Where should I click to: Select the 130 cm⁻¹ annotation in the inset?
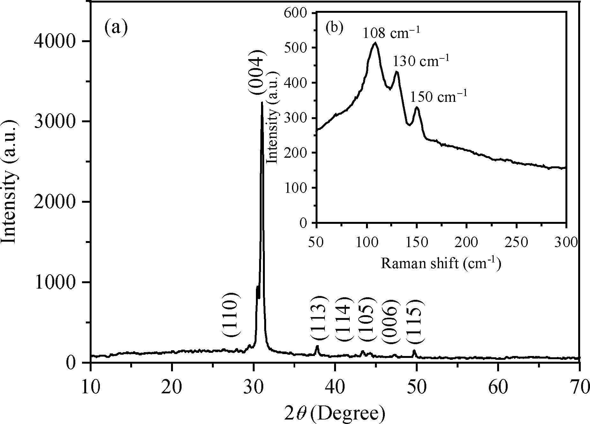pyautogui.click(x=421, y=61)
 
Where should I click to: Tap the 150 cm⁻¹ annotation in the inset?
pyautogui.click(x=438, y=96)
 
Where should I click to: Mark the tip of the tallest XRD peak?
pyautogui.click(x=262, y=103)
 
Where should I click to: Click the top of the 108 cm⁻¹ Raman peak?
pyautogui.click(x=375, y=43)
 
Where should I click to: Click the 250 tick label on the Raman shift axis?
pyautogui.click(x=516, y=243)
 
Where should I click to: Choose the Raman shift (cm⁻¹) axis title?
pyautogui.click(x=440, y=264)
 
